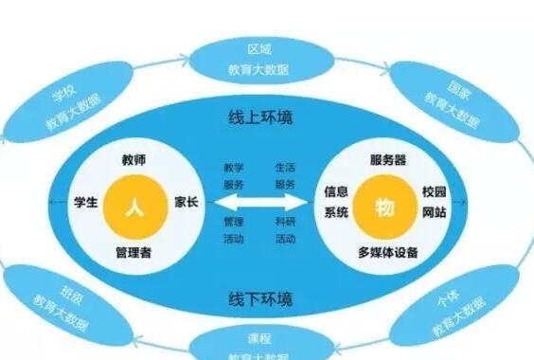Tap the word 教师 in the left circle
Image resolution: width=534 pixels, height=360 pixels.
[133, 157]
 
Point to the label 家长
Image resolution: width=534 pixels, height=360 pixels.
[186, 203]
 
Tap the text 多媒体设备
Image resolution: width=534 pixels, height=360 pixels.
[388, 253]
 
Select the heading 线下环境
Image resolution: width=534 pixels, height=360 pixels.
[265, 298]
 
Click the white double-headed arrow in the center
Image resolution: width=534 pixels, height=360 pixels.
[262, 203]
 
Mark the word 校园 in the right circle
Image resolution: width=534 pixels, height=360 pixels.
[434, 190]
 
